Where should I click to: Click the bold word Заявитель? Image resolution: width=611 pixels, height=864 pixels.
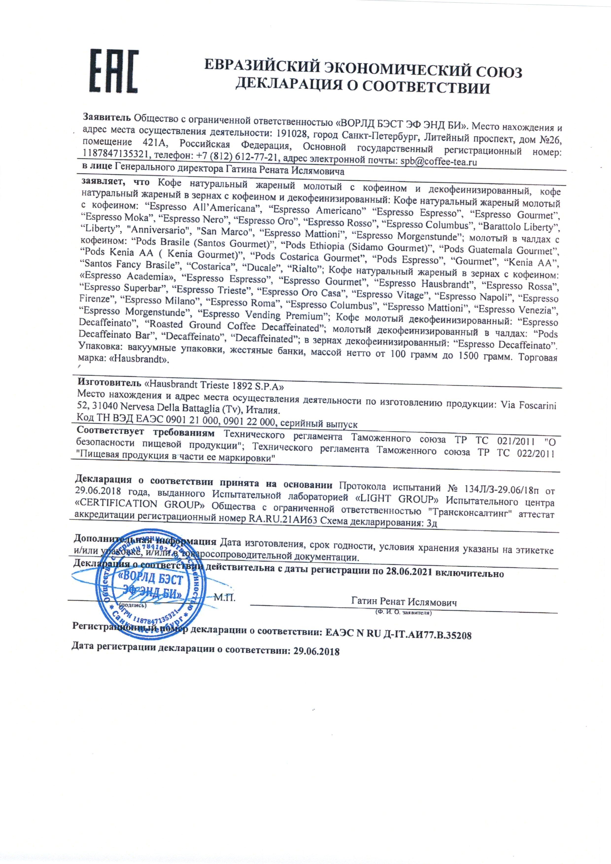(x=106, y=117)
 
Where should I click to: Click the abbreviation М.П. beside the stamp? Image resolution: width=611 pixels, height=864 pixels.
(x=224, y=598)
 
